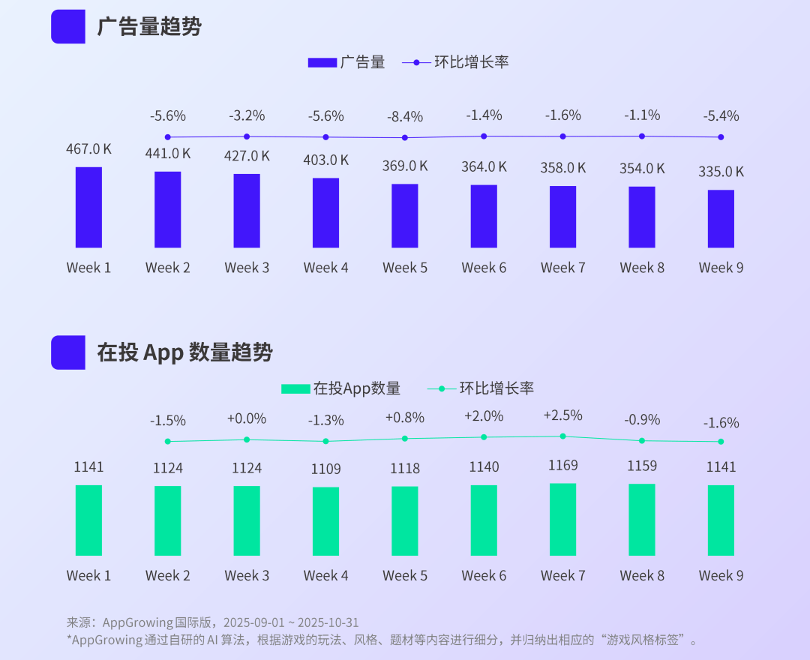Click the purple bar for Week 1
click(88, 207)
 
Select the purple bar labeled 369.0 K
click(405, 216)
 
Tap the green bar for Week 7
click(563, 519)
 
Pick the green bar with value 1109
click(325, 521)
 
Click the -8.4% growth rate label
click(405, 117)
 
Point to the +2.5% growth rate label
click(563, 415)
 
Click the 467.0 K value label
click(88, 149)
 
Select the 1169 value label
click(563, 466)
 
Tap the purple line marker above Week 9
click(721, 137)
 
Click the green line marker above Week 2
click(167, 441)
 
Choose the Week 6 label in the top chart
click(484, 268)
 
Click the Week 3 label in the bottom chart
click(247, 576)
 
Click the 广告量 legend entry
click(346, 62)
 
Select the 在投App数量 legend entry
click(341, 388)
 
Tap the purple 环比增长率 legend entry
click(455, 62)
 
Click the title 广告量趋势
click(149, 27)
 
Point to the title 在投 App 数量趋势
click(184, 352)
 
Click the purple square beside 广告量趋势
click(67, 27)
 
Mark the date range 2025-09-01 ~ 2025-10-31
click(293, 622)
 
